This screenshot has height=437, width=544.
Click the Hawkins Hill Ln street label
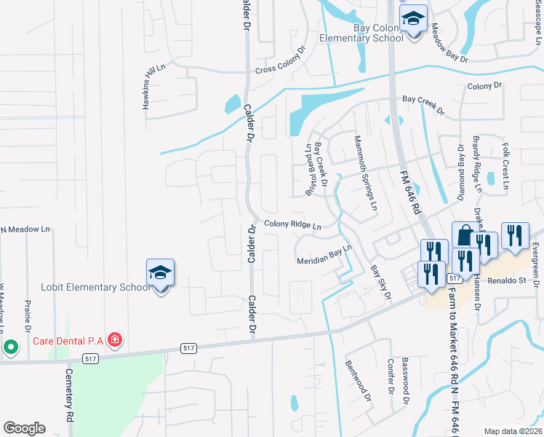pos(154,87)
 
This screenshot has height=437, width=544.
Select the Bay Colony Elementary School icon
pos(414,20)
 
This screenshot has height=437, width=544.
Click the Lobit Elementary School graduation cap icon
pos(161,274)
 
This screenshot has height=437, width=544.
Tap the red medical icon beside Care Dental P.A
pos(114,339)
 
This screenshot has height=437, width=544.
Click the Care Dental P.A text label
pos(67,339)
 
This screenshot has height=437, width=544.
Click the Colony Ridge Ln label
pos(292,225)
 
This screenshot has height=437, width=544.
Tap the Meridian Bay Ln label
pos(324,254)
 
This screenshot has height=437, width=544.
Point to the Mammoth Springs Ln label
pos(366,173)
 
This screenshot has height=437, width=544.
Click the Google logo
pos(24,428)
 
